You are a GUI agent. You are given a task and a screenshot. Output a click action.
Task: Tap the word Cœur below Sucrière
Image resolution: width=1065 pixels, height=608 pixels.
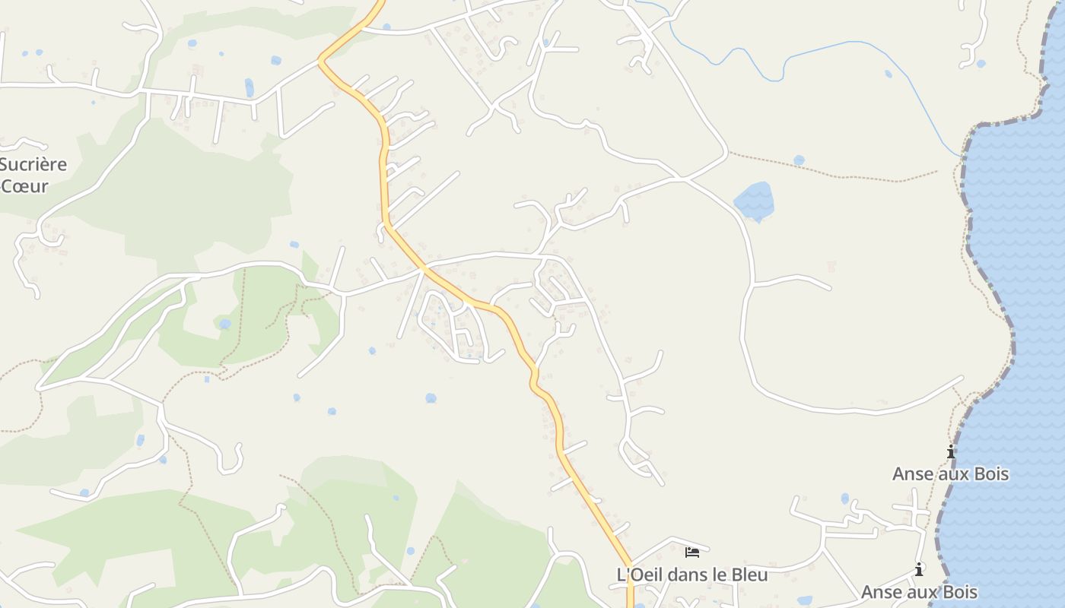[x=25, y=186]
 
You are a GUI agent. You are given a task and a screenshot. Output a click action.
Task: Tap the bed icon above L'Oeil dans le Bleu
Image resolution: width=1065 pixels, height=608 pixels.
[x=691, y=553]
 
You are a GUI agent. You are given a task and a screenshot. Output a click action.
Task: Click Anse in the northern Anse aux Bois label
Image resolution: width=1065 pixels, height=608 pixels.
[x=912, y=474]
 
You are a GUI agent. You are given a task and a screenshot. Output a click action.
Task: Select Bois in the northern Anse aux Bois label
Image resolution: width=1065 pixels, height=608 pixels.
[x=988, y=474]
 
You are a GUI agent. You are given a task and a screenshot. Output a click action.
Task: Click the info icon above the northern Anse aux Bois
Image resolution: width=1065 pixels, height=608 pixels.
[x=951, y=452]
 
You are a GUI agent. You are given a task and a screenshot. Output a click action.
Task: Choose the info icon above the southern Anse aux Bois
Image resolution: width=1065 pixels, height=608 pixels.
[x=919, y=569]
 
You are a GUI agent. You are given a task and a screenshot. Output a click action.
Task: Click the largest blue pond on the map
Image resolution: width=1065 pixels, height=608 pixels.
[x=755, y=201]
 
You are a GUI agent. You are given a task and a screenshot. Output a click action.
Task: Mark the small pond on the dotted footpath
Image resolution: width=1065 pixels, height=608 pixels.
[x=798, y=160]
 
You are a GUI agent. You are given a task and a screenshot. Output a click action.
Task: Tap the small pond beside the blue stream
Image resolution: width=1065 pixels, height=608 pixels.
[x=889, y=74]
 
